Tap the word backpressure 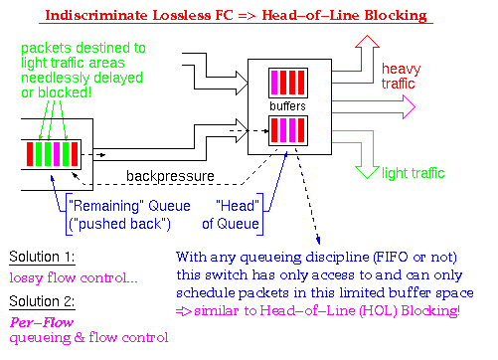pos(168,175)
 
